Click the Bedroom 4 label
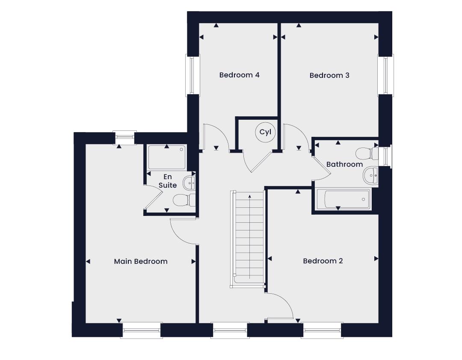pyautogui.click(x=239, y=75)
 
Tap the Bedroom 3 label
pyautogui.click(x=329, y=75)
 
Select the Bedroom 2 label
pyautogui.click(x=323, y=261)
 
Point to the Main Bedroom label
pyautogui.click(x=141, y=261)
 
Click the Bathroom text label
pyautogui.click(x=344, y=164)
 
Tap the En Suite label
pyautogui.click(x=168, y=181)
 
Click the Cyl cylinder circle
pyautogui.click(x=265, y=132)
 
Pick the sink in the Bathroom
pyautogui.click(x=370, y=176)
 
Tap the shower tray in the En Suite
pyautogui.click(x=167, y=157)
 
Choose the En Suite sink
pyautogui.click(x=189, y=183)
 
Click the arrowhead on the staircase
pyautogui.click(x=250, y=196)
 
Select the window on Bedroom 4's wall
pyautogui.click(x=192, y=75)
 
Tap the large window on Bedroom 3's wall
pyautogui.click(x=386, y=75)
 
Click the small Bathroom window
pyautogui.click(x=385, y=156)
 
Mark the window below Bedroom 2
pyautogui.click(x=322, y=330)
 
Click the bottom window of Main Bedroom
pyautogui.click(x=142, y=330)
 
